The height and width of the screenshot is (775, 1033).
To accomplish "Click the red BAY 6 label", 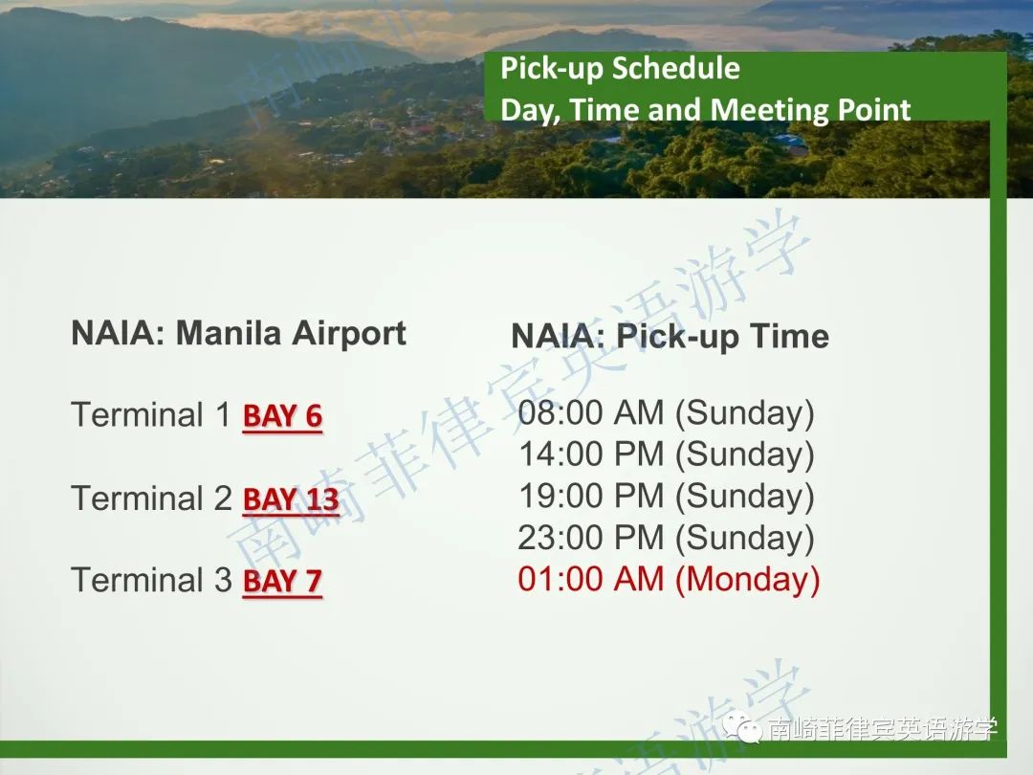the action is coord(282,416).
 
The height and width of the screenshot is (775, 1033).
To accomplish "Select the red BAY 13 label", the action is coord(291,499).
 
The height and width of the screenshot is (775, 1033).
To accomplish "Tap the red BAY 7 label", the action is coord(282,582).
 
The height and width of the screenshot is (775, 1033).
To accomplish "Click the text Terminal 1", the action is coord(151,415).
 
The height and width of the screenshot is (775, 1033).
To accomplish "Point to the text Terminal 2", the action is coord(151,498).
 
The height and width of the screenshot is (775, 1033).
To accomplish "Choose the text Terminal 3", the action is coord(151,581).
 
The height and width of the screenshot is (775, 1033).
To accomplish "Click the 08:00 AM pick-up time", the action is coord(591,413).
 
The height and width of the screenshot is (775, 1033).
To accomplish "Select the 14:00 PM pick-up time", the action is coord(591,454).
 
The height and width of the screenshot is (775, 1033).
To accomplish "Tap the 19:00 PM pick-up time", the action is coord(591,497).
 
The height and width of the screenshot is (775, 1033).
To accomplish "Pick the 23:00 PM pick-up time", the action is coord(591,538).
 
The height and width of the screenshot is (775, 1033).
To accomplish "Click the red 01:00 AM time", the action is coord(591,579).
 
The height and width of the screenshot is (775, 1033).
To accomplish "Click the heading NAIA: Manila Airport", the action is coord(238,334).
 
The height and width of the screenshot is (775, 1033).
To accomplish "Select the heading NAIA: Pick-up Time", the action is coord(670,337).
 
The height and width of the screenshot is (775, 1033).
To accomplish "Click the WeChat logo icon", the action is coord(742,727).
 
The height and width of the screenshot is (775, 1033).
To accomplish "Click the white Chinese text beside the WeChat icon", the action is coord(883,729).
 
